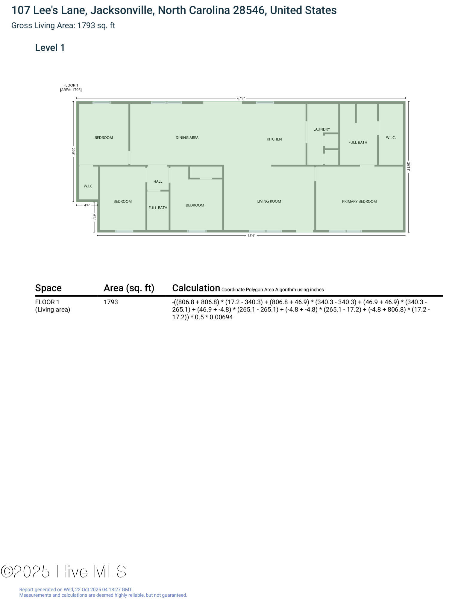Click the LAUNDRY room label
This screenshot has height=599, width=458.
pyautogui.click(x=321, y=129)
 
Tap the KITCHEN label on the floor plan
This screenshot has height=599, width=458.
pyautogui.click(x=274, y=139)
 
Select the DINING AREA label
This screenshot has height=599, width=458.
pyautogui.click(x=187, y=137)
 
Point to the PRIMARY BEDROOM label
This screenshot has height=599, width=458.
pyautogui.click(x=359, y=202)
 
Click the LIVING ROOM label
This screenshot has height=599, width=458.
pyautogui.click(x=269, y=201)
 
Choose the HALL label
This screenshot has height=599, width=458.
pyautogui.click(x=158, y=181)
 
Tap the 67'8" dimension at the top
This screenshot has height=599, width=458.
pyautogui.click(x=241, y=98)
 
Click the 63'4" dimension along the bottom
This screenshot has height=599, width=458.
pyautogui.click(x=251, y=236)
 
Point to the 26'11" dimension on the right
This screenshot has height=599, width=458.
pyautogui.click(x=409, y=167)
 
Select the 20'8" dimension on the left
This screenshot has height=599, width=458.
pyautogui.click(x=73, y=151)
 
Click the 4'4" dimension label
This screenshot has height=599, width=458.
pyautogui.click(x=87, y=205)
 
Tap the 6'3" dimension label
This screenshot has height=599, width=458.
pyautogui.click(x=94, y=217)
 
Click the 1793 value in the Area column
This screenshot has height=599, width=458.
pyautogui.click(x=111, y=302)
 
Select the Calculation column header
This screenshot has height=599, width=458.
pyautogui.click(x=196, y=288)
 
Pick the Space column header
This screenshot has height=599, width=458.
pyautogui.click(x=48, y=288)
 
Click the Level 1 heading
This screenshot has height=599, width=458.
pyautogui.click(x=50, y=48)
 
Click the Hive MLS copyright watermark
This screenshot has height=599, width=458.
pyautogui.click(x=63, y=571)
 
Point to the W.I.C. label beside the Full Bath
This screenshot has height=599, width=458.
pyautogui.click(x=391, y=138)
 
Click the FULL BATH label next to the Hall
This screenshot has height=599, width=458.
pyautogui.click(x=158, y=208)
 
